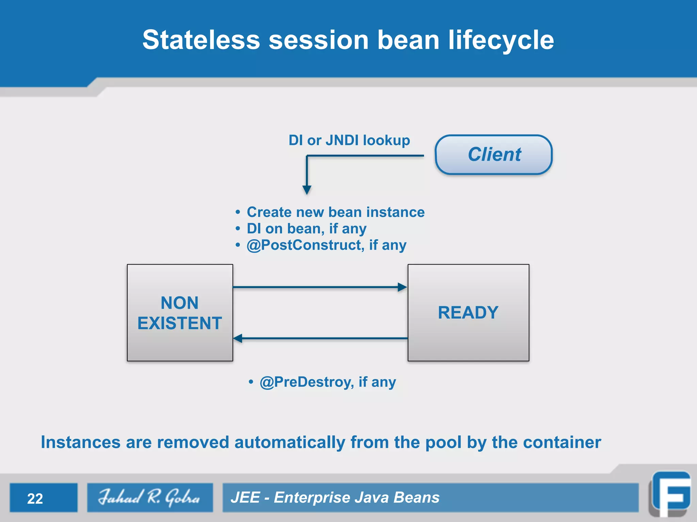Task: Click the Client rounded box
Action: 493,155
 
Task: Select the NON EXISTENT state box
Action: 180,313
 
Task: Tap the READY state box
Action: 468,313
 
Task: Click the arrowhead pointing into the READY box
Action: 402,287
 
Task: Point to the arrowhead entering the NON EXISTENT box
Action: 238,338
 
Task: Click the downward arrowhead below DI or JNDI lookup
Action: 307,190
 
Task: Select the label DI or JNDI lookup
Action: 349,140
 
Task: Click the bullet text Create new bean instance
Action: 336,212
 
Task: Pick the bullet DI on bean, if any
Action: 306,229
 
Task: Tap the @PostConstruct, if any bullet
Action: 326,245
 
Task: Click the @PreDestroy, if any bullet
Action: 327,382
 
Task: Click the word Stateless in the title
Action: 201,40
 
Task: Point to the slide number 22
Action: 35,499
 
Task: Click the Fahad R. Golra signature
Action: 150,498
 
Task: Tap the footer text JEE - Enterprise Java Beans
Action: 335,498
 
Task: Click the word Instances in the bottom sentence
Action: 81,442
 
